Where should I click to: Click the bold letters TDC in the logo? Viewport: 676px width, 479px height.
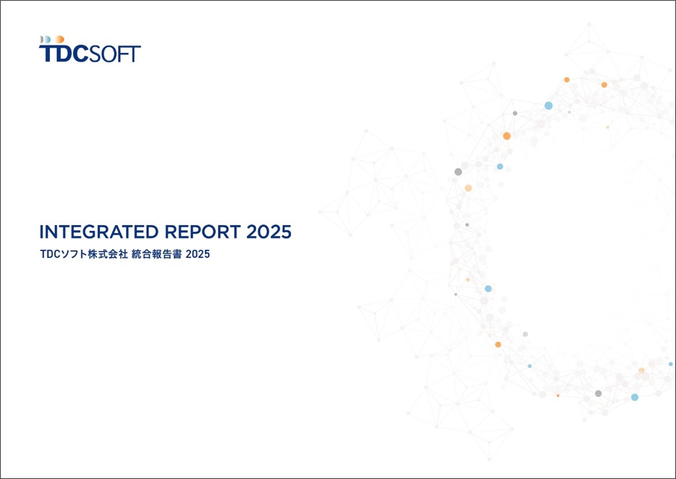pyautogui.click(x=64, y=53)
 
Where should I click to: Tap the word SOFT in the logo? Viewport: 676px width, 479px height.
pyautogui.click(x=115, y=53)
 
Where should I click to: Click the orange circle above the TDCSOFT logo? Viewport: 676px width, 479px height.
pyautogui.click(x=60, y=39)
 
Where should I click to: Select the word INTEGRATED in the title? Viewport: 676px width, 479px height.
pyautogui.click(x=99, y=232)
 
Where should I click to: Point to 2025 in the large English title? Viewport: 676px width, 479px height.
pyautogui.click(x=269, y=232)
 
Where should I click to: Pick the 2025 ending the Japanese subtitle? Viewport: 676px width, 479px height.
pyautogui.click(x=198, y=254)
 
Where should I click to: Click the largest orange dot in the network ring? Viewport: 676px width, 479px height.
pyautogui.click(x=507, y=136)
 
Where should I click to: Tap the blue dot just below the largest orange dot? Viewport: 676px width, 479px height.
pyautogui.click(x=500, y=166)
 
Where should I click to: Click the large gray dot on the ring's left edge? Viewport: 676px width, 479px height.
pyautogui.click(x=458, y=172)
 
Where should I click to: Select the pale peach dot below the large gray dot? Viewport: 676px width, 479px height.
pyautogui.click(x=468, y=188)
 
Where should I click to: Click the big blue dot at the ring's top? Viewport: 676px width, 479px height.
pyautogui.click(x=548, y=106)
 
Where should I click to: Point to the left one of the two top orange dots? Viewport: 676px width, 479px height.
pyautogui.click(x=567, y=80)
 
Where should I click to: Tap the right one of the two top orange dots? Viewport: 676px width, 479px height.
pyautogui.click(x=604, y=85)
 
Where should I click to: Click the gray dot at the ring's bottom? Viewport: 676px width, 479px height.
pyautogui.click(x=598, y=393)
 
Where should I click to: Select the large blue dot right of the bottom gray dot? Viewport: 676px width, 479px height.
pyautogui.click(x=635, y=397)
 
